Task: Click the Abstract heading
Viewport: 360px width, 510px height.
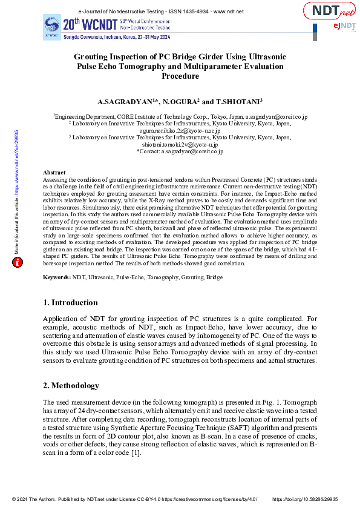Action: coord(54,173)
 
